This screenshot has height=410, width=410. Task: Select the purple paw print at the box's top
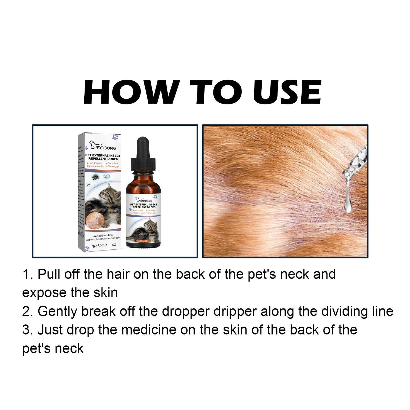point(115,137)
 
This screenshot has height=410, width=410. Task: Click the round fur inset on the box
point(94,218)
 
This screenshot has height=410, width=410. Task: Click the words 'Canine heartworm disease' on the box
point(103,238)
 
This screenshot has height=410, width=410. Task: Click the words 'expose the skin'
point(70,293)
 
